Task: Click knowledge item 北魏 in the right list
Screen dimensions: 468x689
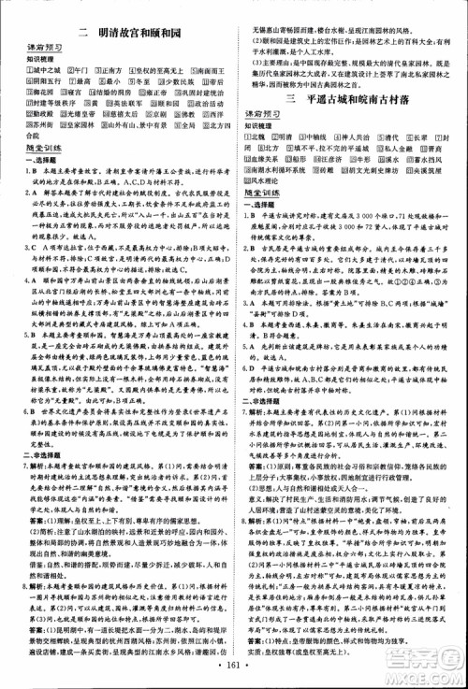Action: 254,136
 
